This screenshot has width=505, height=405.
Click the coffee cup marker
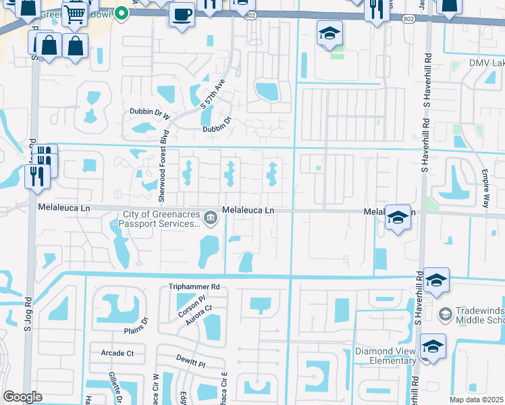coord(181,14)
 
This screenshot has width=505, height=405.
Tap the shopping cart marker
coord(76,13)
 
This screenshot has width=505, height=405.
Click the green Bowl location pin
coord(121,13)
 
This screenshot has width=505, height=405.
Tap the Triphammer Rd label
coord(194,287)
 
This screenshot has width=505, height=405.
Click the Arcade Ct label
coord(117,353)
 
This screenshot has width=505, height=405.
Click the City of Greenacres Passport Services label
coord(160,220)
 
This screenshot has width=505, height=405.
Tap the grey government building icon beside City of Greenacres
coord(211,217)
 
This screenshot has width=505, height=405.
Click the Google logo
coord(22,397)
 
